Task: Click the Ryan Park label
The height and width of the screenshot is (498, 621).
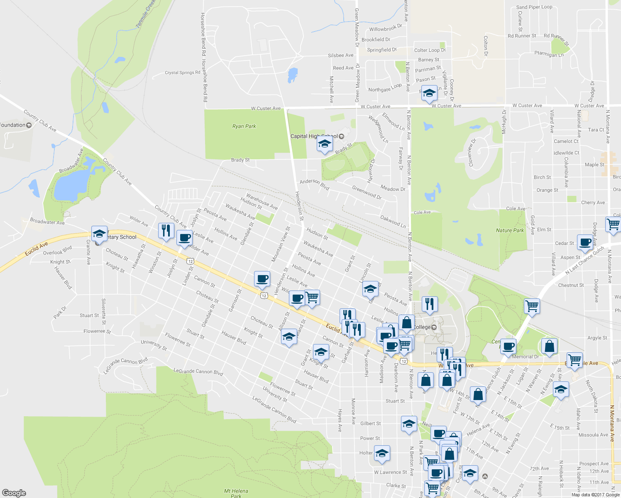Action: point(244,126)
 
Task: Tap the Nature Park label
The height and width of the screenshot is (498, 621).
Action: point(510,230)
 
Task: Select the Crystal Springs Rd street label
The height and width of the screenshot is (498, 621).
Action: point(182,73)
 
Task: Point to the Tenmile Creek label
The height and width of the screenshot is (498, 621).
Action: point(146,14)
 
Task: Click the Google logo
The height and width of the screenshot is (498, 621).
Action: point(14,493)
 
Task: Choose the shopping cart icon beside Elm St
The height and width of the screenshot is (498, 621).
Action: point(613,224)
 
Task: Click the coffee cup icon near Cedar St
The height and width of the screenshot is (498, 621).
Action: point(585,242)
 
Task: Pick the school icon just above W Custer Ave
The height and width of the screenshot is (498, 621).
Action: point(429,93)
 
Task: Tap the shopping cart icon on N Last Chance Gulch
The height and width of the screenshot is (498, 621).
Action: point(532,306)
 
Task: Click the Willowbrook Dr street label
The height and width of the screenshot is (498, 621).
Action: point(386,29)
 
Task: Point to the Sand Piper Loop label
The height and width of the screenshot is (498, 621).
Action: point(534,7)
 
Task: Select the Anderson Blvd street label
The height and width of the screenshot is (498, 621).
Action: point(315,185)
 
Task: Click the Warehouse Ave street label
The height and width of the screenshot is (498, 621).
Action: point(262,201)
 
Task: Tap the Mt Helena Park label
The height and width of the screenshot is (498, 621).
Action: point(236,493)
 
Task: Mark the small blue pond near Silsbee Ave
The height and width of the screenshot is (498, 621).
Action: point(292,75)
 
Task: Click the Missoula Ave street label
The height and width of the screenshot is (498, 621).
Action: point(593,435)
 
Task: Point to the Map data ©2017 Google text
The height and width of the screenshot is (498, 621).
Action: point(595,495)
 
